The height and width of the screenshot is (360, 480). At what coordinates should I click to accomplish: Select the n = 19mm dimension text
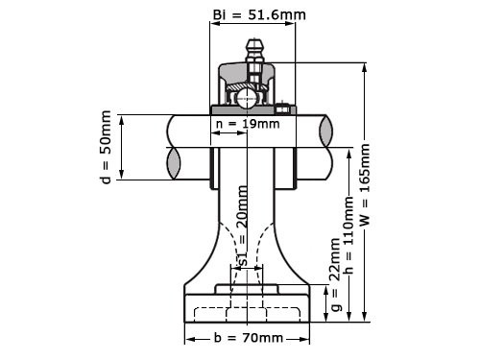[x=248, y=124]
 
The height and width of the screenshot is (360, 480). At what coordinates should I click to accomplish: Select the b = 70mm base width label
[x=247, y=338]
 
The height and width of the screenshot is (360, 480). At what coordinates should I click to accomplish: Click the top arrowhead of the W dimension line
[x=364, y=66]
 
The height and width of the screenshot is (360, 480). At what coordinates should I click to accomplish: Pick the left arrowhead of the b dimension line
[x=189, y=338]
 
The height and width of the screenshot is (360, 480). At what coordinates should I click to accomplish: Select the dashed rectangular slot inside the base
[x=248, y=313]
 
